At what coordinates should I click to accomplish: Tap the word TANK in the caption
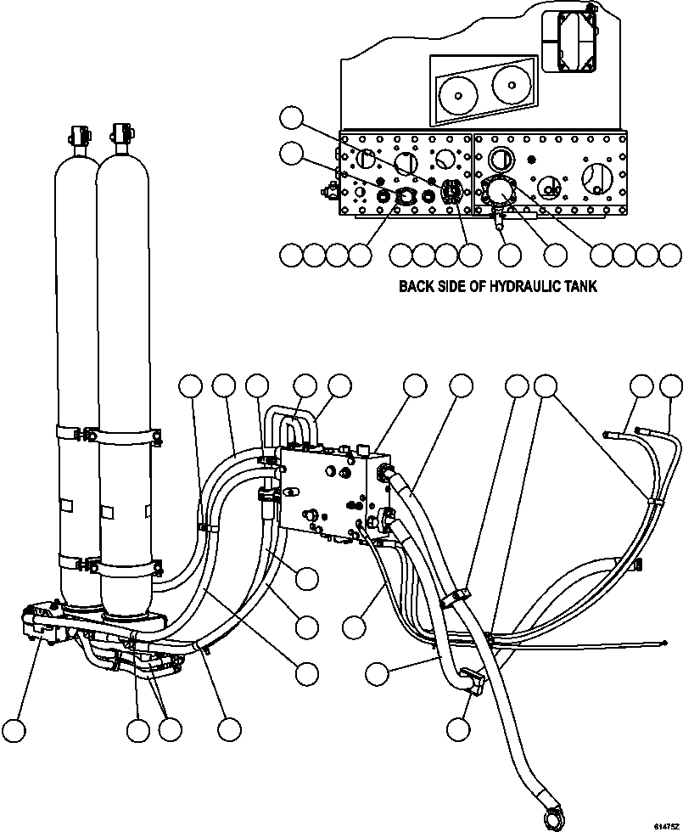click(579, 286)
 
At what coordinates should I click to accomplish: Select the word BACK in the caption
click(417, 286)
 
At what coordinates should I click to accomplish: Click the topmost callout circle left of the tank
click(292, 118)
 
